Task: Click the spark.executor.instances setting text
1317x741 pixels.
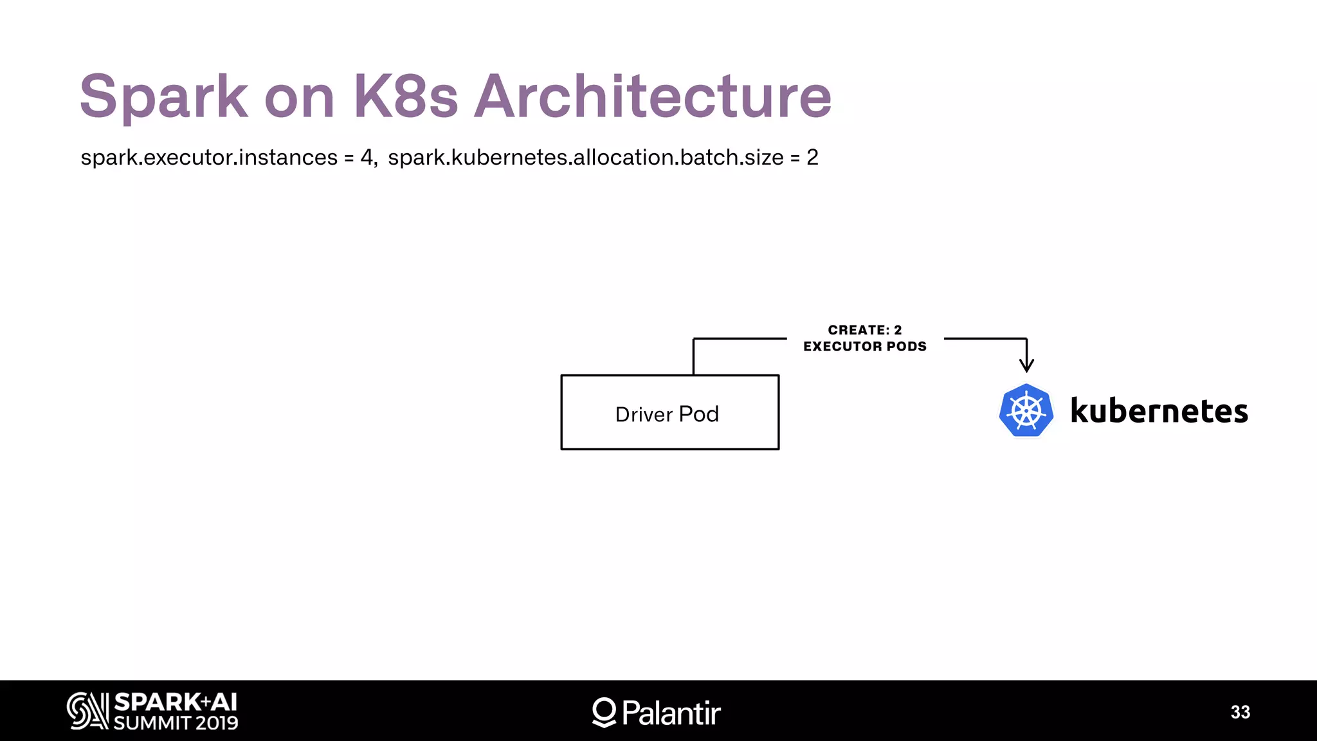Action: coord(209,158)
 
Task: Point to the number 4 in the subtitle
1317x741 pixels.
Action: coord(367,158)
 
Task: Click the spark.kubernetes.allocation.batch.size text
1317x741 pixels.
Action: coord(586,158)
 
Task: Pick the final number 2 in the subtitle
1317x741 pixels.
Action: coord(813,158)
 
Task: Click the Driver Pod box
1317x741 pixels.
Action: coord(669,412)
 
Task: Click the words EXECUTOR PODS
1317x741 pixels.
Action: coord(865,347)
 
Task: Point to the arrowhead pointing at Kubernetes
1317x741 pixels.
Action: coord(1027,366)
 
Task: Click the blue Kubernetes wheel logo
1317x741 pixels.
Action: coord(1026,411)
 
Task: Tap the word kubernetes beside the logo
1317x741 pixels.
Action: coord(1159,411)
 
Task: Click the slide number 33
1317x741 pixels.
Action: coord(1240,712)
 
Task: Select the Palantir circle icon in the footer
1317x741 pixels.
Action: coord(604,712)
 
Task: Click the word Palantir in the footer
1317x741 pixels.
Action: coord(671,713)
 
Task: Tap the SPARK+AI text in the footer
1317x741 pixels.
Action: coord(176,702)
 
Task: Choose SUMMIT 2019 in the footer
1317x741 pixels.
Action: coord(176,723)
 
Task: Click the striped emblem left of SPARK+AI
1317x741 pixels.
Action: coord(87,711)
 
